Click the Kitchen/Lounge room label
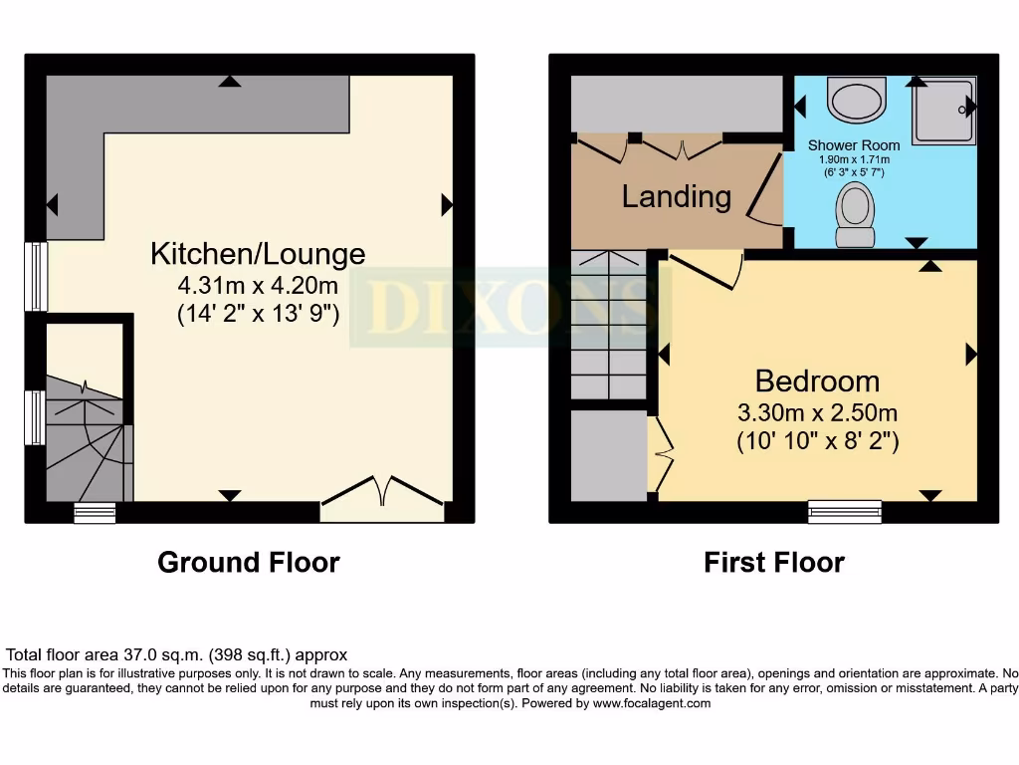[258, 253]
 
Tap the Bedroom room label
[817, 381]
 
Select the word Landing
[676, 196]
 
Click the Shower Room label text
[854, 145]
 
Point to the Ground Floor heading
[249, 563]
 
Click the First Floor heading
[774, 563]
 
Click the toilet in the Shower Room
[853, 215]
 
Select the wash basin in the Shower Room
[856, 101]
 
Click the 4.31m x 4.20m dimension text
[258, 286]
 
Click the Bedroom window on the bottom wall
[844, 511]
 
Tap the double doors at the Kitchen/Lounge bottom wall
[383, 497]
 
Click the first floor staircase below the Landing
[609, 325]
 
